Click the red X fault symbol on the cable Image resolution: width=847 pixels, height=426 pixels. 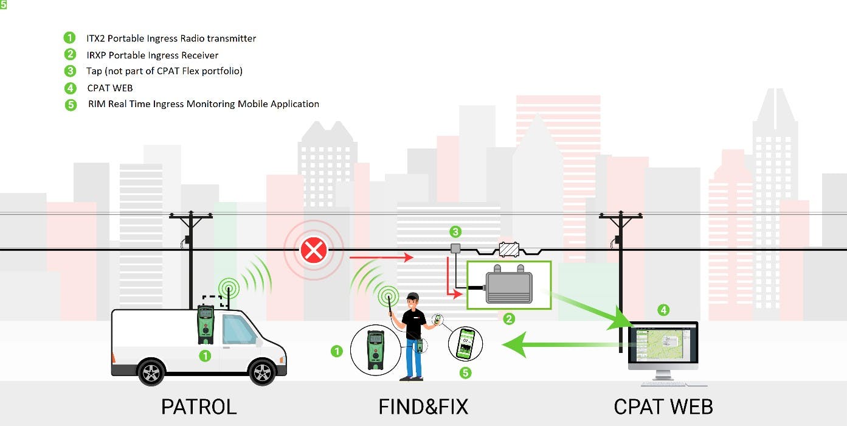(x=314, y=250)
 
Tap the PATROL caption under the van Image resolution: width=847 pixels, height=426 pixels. (x=198, y=407)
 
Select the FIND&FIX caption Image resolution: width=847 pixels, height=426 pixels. (x=423, y=407)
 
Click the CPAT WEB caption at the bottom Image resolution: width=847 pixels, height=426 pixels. (x=663, y=407)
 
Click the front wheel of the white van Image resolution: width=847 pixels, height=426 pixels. (x=262, y=372)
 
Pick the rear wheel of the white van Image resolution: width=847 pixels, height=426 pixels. (x=151, y=372)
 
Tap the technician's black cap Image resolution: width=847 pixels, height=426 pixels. (x=413, y=296)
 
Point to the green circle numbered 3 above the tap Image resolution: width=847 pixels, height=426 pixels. (x=455, y=232)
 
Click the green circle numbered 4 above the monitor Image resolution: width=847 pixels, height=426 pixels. (x=663, y=310)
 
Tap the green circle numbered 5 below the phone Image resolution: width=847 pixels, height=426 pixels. (x=465, y=372)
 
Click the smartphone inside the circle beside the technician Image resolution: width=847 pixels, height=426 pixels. (x=465, y=344)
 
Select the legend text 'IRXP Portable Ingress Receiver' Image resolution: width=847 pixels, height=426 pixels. (x=152, y=55)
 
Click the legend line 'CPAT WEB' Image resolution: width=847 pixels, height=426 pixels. (x=109, y=88)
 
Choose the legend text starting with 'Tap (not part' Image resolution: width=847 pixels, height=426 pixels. (x=164, y=71)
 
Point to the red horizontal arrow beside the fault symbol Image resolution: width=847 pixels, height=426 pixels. (x=381, y=258)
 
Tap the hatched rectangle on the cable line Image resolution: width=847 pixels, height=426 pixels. (x=508, y=250)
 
